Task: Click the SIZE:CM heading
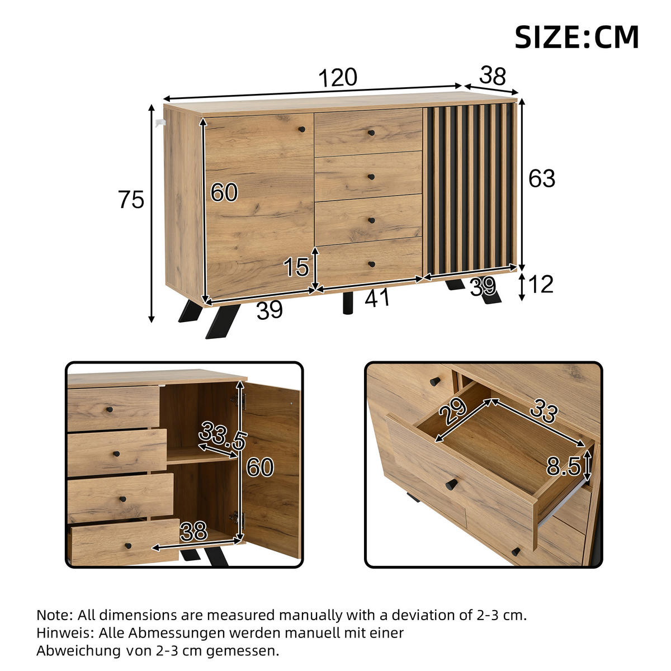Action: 577,37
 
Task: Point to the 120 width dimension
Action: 337,78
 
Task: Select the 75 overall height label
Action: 131,200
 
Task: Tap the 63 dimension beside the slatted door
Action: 542,178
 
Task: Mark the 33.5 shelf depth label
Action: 223,436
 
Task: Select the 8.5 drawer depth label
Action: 563,466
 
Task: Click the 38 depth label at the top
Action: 493,76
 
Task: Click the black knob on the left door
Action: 302,130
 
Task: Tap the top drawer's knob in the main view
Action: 371,133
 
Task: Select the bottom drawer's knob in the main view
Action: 371,264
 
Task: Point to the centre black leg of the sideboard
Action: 347,304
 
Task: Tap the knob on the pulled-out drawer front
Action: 452,484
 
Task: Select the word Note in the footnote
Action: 54,615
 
